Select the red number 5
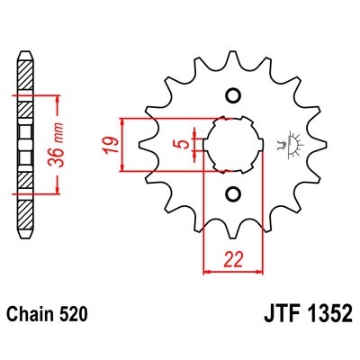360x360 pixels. click(x=183, y=141)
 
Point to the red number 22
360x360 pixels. click(x=233, y=258)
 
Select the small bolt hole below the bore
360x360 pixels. click(x=233, y=193)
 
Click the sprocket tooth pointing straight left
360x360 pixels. click(x=145, y=144)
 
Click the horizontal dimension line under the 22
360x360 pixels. click(x=233, y=269)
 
